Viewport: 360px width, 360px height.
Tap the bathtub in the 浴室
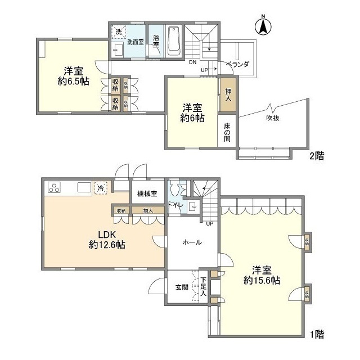173,41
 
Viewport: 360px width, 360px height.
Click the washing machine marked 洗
118,32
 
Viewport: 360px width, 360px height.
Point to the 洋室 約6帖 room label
192,112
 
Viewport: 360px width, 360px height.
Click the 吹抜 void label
274,118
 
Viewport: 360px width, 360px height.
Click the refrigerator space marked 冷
101,188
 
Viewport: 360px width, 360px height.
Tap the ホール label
192,242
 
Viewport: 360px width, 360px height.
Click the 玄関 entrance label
181,287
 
